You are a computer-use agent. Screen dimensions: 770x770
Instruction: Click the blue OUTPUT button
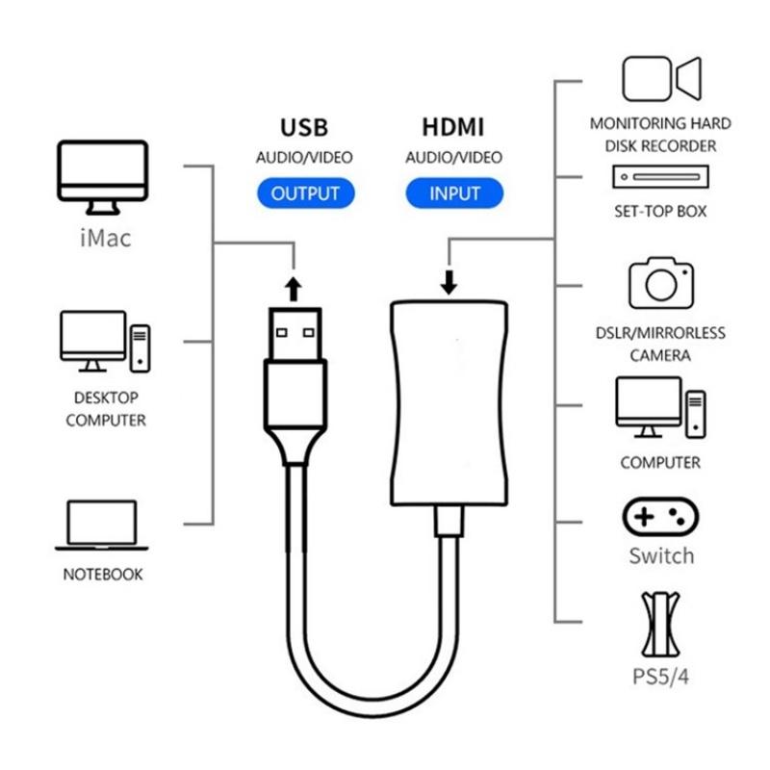(x=305, y=192)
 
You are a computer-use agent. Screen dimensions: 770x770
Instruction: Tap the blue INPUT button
(x=454, y=192)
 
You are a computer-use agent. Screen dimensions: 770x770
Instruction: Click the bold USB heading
(x=303, y=127)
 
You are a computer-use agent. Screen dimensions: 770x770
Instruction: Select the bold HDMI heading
(x=453, y=127)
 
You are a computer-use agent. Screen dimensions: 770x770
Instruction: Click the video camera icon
(x=661, y=78)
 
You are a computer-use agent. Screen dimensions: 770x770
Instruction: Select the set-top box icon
(x=660, y=178)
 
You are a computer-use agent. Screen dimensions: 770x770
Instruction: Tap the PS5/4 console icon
(x=661, y=624)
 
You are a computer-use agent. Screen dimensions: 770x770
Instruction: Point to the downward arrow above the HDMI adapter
(x=449, y=282)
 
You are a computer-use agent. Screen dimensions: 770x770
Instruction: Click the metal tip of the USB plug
(x=295, y=331)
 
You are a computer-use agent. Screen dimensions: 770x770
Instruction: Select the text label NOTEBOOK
(x=103, y=575)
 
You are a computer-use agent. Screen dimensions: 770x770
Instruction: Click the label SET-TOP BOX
(x=660, y=211)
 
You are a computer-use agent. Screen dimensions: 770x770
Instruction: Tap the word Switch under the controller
(x=661, y=556)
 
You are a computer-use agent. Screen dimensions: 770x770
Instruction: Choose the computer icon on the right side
(x=661, y=404)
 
